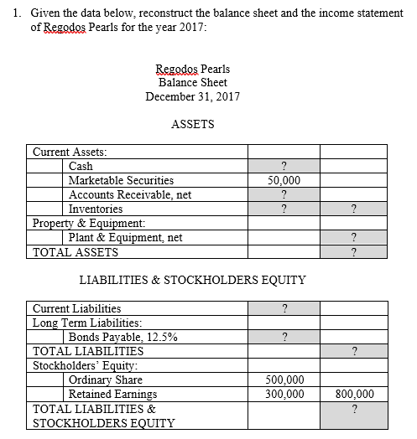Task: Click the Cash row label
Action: click(81, 166)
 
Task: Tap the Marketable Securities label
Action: click(121, 180)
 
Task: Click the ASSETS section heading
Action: click(192, 124)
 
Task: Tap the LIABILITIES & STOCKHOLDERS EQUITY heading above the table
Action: click(192, 279)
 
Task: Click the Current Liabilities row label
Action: click(76, 308)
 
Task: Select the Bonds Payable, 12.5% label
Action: click(122, 338)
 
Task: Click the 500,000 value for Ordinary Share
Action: click(284, 380)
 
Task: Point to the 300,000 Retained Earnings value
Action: click(284, 394)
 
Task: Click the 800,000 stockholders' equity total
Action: click(353, 394)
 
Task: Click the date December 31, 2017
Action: click(192, 96)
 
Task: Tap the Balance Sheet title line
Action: click(192, 82)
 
